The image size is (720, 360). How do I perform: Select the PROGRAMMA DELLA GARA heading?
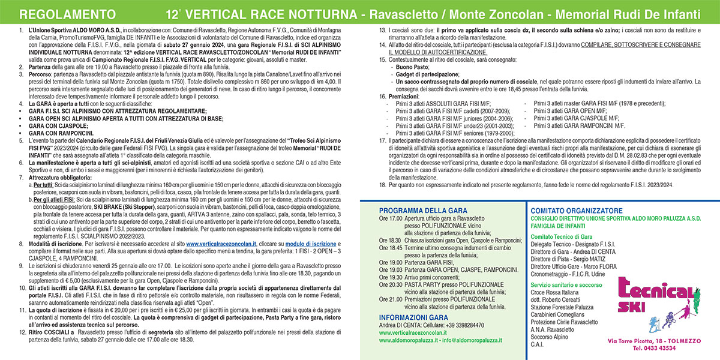pyautogui.click(x=421, y=211)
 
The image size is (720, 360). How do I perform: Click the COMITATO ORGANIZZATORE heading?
pyautogui.click(x=577, y=211)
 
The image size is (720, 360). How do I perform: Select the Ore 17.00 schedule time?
pyautogui.click(x=390, y=219)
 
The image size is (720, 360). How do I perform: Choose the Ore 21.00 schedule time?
pyautogui.click(x=390, y=298)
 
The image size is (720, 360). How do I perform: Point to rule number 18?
pyautogui.click(x=383, y=186)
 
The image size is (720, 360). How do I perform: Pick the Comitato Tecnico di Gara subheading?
pyautogui.click(x=561, y=237)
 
